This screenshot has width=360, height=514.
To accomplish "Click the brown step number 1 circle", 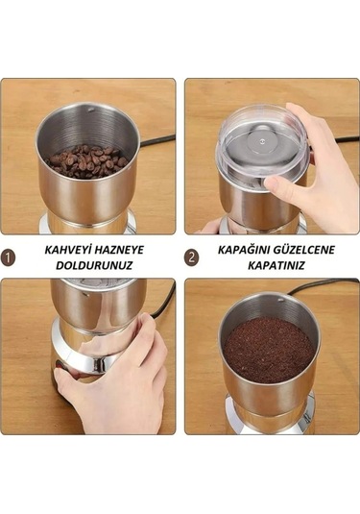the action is point(8,257).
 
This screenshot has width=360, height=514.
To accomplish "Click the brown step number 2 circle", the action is point(192,257).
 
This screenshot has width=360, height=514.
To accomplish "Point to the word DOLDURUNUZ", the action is point(94,265).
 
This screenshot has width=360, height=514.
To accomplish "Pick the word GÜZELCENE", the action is point(304,250).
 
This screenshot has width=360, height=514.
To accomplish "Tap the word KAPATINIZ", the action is point(276,265).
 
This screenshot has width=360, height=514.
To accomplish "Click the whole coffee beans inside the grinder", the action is point(86,161).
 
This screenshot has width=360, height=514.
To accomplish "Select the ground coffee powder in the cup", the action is point(269,349).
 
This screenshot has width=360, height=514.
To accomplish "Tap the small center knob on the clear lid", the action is point(261,141).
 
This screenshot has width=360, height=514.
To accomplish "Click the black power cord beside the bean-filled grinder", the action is point(156,140).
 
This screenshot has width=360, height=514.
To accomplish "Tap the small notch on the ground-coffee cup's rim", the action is point(280,300).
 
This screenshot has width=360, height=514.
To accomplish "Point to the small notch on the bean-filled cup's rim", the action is point(91,109).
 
